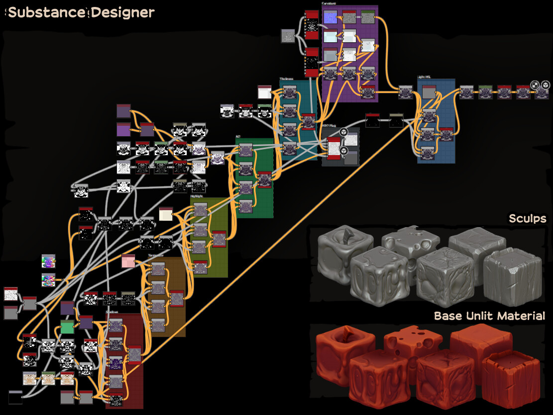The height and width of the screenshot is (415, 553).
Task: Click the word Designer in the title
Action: tap(122, 12)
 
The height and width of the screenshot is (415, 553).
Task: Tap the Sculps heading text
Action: tap(527, 219)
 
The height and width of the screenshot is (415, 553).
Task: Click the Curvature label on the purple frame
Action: tap(330, 3)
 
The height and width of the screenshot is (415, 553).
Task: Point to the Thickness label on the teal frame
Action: tap(287, 79)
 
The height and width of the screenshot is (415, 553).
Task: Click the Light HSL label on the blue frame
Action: tap(425, 77)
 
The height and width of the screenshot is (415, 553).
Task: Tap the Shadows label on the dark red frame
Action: tap(112, 312)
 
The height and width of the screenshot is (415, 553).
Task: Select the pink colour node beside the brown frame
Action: tap(128, 261)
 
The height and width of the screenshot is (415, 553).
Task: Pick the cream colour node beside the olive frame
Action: tap(166, 214)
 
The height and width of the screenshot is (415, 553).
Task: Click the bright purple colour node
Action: tap(123, 130)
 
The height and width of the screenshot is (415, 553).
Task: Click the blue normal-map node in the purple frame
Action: tap(330, 17)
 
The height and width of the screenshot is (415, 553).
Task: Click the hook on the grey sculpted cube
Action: tap(345, 233)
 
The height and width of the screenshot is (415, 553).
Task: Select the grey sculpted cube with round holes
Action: tap(411, 244)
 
